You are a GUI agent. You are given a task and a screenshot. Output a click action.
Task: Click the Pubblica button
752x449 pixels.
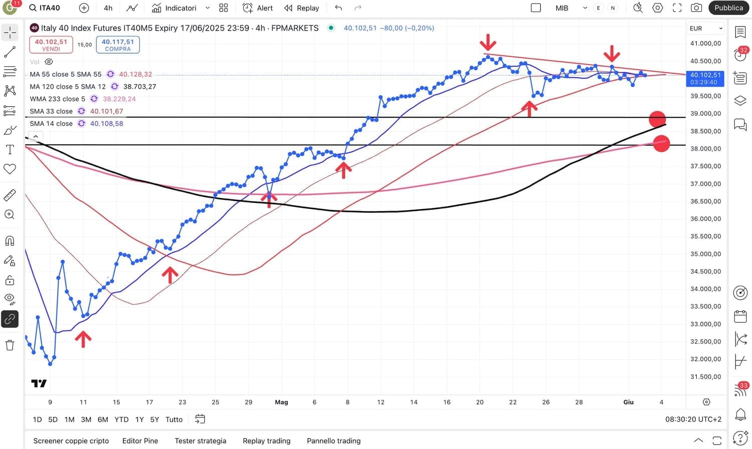tap(728, 8)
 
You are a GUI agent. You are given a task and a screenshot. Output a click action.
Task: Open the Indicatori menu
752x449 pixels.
tap(175, 8)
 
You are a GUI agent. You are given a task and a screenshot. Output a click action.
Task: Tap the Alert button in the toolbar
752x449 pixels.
tap(258, 8)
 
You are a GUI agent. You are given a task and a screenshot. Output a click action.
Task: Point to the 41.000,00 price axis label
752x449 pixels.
tap(705, 44)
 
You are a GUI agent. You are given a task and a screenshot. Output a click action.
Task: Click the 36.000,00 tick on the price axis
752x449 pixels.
tap(705, 219)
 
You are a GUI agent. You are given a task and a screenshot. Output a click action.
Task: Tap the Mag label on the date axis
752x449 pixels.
tap(281, 402)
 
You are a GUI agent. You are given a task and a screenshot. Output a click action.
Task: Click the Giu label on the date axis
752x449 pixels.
tap(628, 402)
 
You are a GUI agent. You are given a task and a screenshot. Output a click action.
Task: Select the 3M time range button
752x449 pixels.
tap(86, 419)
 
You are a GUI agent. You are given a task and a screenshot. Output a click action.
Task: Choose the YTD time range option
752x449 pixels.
tap(121, 419)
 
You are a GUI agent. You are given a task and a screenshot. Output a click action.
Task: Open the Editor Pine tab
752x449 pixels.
tap(140, 441)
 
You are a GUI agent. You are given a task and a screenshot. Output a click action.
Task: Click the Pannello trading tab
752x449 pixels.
tap(333, 441)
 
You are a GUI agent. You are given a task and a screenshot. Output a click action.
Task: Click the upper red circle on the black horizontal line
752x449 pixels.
tap(657, 119)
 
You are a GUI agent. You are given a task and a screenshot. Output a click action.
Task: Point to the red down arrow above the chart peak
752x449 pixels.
tap(488, 42)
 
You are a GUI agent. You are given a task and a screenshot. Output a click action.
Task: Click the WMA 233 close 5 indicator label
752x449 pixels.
tap(57, 99)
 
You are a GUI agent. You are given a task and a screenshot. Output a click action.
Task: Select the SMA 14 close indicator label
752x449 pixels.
tap(51, 123)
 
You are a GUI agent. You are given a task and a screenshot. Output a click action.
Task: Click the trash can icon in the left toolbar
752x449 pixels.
tap(10, 345)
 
